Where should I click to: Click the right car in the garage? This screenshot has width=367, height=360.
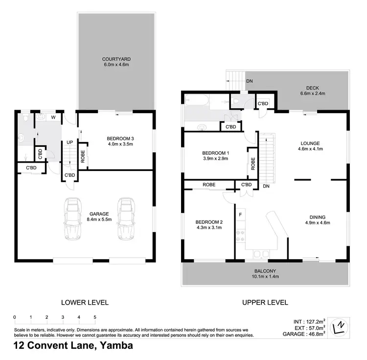[x=126, y=219]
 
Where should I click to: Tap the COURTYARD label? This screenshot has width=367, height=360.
[x=116, y=59]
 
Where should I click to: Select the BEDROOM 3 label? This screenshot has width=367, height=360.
[x=120, y=139]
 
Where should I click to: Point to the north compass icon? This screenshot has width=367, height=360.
[x=339, y=327]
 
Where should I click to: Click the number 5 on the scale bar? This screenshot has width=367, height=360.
[x=94, y=317]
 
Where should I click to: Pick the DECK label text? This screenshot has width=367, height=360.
[x=312, y=88]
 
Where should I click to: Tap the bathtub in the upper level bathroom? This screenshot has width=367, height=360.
[x=197, y=102]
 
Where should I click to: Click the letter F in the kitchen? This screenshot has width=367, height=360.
[x=240, y=215]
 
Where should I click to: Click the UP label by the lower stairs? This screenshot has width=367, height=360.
[x=69, y=143]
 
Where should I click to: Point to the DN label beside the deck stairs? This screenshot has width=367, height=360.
[x=249, y=81]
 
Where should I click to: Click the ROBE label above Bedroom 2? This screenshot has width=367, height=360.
[x=209, y=185]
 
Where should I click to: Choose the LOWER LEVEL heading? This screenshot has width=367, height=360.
[x=84, y=302]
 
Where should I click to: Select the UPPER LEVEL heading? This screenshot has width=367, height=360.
[x=265, y=302]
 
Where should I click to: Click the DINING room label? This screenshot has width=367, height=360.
[x=317, y=217]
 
